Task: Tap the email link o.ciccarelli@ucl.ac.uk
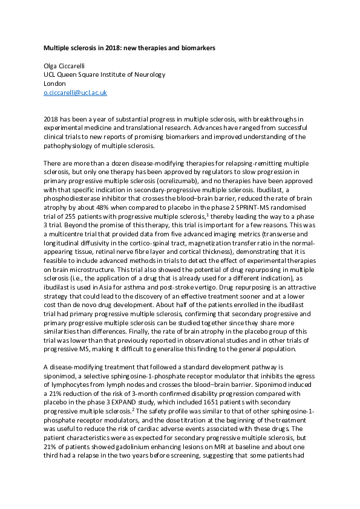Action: [76, 92]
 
